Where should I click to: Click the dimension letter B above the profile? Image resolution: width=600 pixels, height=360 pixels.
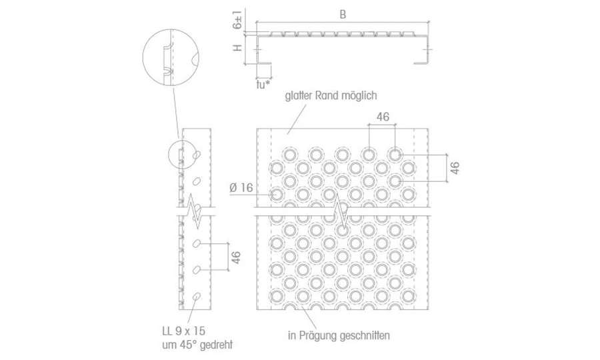343,15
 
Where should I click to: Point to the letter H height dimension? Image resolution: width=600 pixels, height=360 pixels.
237,48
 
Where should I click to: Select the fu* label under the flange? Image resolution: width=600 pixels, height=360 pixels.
263,84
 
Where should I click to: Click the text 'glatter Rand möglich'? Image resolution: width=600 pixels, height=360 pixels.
331,95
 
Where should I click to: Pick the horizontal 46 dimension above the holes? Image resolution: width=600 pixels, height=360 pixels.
383,117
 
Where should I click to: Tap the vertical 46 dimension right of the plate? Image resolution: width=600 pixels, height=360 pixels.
455,168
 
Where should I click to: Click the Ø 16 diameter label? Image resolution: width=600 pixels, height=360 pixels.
241,187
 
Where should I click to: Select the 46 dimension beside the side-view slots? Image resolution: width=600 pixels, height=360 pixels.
236,257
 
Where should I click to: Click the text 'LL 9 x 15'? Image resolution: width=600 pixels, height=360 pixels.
183,331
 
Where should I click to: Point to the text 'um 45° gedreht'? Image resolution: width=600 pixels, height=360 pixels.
197,345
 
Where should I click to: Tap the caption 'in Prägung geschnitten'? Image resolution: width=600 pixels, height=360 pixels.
339,335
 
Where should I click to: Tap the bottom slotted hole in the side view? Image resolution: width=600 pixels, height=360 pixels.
197,296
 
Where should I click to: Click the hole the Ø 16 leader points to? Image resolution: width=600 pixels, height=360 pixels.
277,194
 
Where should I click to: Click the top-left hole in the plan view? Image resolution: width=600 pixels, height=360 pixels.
290,155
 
